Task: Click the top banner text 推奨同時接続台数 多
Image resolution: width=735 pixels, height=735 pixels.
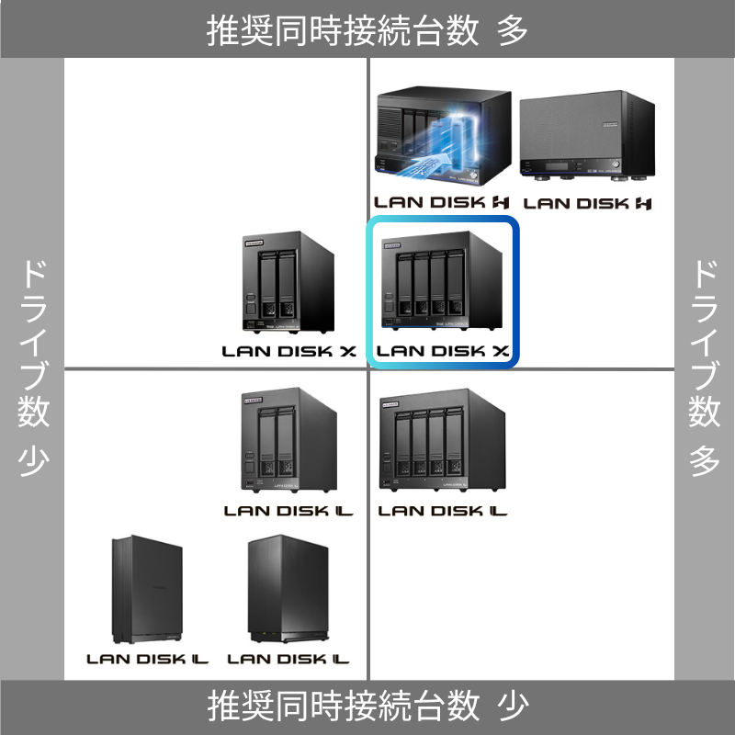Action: tap(367, 29)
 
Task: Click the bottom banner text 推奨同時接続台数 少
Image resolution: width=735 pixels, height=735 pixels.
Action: tap(367, 706)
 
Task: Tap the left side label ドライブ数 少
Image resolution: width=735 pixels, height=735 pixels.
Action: tap(33, 367)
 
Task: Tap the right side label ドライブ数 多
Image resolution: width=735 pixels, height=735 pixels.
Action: tap(704, 367)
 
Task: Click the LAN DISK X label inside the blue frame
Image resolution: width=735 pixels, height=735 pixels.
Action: tap(443, 350)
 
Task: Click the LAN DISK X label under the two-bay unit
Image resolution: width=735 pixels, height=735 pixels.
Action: tap(288, 350)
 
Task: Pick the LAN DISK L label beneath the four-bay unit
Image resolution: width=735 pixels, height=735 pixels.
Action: tap(443, 510)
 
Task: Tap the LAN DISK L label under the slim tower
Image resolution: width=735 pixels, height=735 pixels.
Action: tap(147, 659)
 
